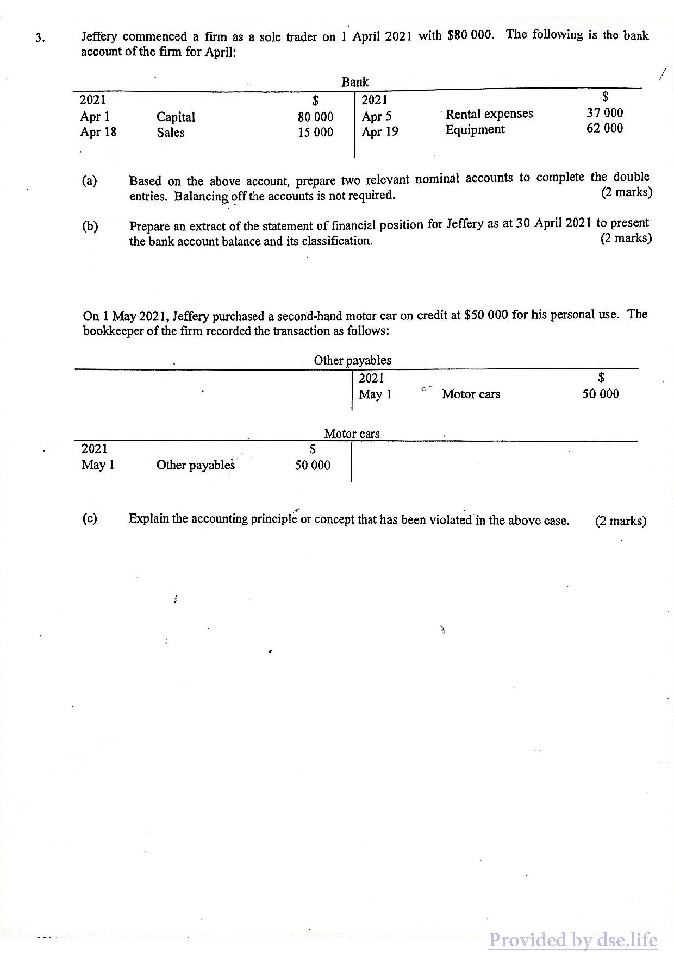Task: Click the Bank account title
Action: click(x=355, y=82)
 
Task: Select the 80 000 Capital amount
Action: click(x=315, y=117)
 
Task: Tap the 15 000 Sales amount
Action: click(x=315, y=133)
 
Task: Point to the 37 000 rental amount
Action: click(x=604, y=113)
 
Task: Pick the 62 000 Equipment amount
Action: click(x=604, y=128)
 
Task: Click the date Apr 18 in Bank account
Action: click(x=98, y=132)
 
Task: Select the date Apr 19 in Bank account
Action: click(x=380, y=131)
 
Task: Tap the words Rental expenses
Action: click(x=489, y=114)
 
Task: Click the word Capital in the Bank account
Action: click(x=176, y=117)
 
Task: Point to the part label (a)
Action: click(x=90, y=180)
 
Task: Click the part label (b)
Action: click(x=90, y=226)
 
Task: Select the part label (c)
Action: click(x=90, y=518)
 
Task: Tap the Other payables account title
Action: click(x=352, y=360)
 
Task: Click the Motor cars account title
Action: click(x=352, y=434)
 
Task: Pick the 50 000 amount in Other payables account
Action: click(x=600, y=394)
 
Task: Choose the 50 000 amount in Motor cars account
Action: click(x=313, y=465)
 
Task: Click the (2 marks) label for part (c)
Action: click(x=621, y=521)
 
